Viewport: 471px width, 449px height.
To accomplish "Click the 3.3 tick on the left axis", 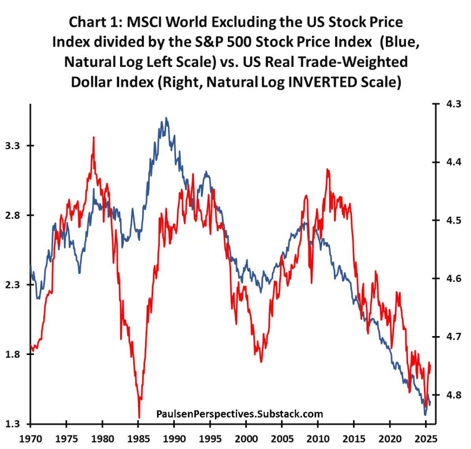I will tap(12, 146).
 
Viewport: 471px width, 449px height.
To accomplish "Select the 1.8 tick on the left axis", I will tap(12, 354).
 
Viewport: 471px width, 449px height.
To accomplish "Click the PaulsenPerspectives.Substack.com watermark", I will tap(239, 414).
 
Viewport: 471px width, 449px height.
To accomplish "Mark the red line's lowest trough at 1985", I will tap(139, 417).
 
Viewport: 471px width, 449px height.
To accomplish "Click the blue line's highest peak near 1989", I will tap(166, 118).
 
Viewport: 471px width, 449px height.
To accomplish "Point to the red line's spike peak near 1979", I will tap(94, 137).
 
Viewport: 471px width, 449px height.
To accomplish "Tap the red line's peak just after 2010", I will tap(328, 170).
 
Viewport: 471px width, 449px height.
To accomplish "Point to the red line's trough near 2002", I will tap(261, 361).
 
